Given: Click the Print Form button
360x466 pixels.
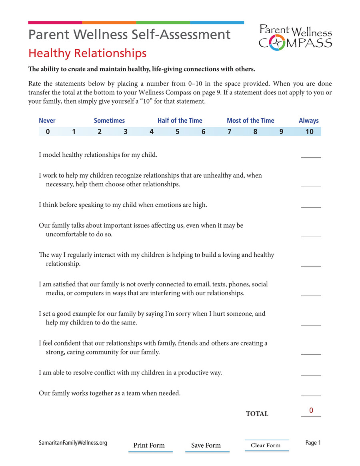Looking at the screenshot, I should click(149, 446).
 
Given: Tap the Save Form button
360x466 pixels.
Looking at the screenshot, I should click(206, 446).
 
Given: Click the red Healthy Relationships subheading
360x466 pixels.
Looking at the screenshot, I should click(87, 53).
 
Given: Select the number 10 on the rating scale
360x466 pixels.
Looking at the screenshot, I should click(309, 132).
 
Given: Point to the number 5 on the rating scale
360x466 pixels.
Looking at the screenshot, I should click(177, 132).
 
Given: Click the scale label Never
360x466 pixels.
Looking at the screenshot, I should click(47, 120).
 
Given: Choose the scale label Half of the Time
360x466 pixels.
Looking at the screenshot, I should click(180, 120).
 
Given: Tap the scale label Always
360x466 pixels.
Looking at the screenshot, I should click(308, 120).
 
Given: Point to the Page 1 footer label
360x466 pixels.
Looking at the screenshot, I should click(313, 442).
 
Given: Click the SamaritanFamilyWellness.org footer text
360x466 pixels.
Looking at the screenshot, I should click(73, 443).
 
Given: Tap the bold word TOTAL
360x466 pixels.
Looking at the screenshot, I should click(257, 414).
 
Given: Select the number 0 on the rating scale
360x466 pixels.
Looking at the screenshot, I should click(48, 132).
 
